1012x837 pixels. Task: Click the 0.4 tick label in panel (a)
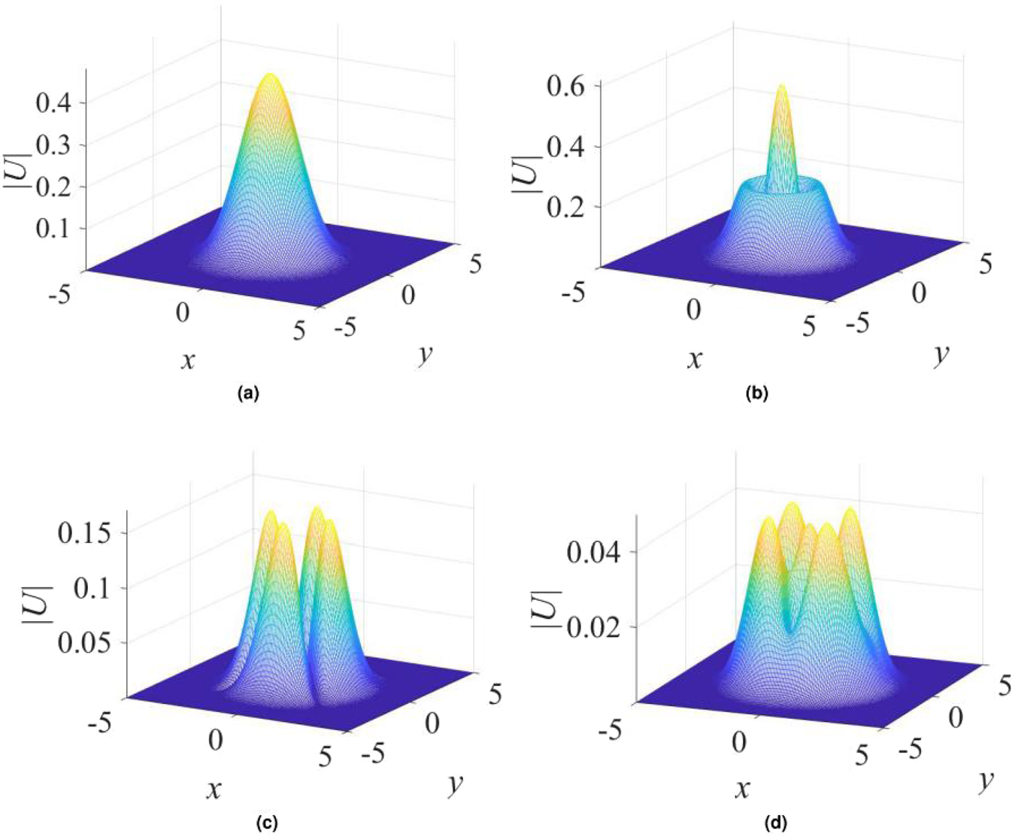click(55, 102)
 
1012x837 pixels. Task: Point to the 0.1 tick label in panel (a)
click(55, 227)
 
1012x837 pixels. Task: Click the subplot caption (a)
click(247, 392)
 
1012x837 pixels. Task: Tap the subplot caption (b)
click(756, 392)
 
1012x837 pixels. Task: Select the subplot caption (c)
click(267, 823)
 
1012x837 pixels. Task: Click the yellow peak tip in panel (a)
click(271, 75)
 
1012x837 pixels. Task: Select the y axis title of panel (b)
click(941, 353)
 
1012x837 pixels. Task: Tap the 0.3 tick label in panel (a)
click(55, 144)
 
